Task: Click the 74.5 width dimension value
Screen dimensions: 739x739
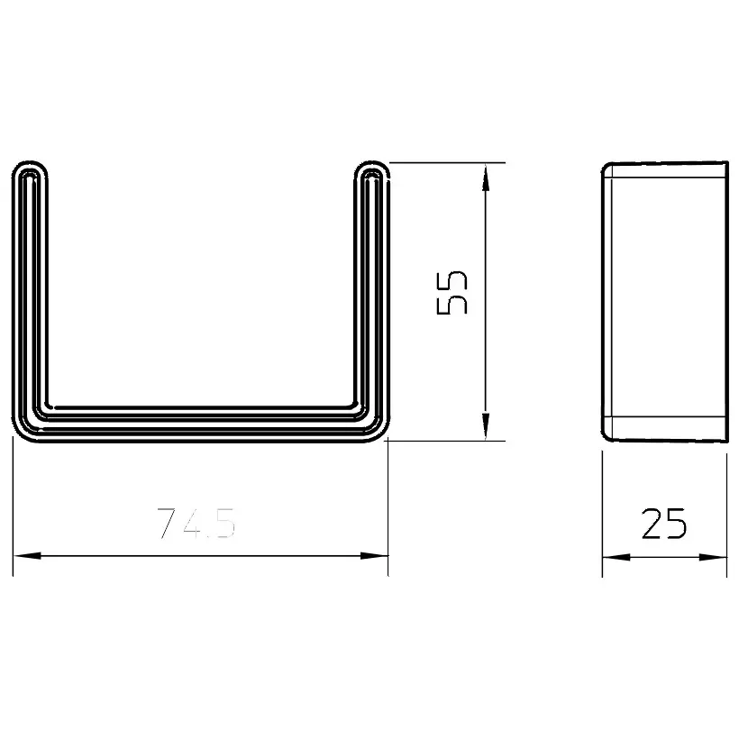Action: point(196,523)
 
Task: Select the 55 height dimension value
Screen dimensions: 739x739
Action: point(452,293)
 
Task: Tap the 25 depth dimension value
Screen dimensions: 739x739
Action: point(664,523)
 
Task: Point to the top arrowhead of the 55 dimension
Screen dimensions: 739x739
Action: point(486,178)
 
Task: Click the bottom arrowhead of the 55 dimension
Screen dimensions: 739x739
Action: point(486,426)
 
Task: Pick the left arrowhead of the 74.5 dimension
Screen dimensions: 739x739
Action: point(27,556)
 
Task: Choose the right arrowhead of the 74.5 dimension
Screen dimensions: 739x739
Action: point(374,556)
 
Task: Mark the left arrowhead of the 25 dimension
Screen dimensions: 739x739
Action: point(616,557)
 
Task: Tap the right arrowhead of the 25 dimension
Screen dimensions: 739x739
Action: point(713,557)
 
